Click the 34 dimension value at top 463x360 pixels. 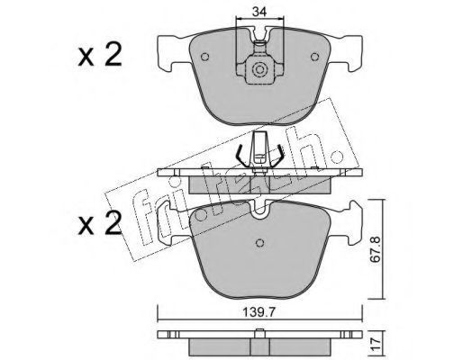(x=259, y=12)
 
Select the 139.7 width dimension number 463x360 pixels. (x=259, y=313)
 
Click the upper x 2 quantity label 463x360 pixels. (x=100, y=54)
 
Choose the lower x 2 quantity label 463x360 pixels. (x=100, y=223)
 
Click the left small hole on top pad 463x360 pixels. (x=204, y=57)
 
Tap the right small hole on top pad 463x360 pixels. (x=314, y=57)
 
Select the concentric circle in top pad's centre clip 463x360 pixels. (x=259, y=69)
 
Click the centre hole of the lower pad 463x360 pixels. (x=260, y=243)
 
